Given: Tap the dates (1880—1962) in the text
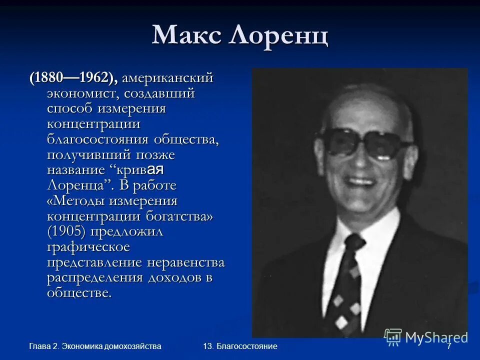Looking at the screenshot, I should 73,78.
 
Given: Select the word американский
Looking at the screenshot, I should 168,78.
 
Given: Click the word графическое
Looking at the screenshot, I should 88,247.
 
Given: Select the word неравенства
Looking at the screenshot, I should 186,262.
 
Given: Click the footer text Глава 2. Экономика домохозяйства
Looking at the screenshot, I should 95,346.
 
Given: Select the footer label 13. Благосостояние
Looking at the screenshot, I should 240,346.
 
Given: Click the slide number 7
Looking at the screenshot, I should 448,346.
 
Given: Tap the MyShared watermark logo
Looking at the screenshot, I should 426,337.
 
